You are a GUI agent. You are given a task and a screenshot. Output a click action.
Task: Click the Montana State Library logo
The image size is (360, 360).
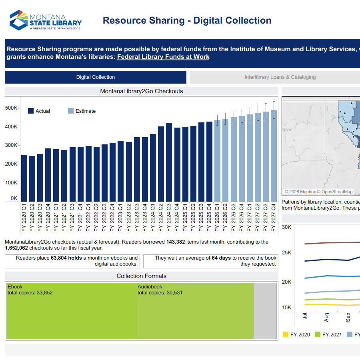pos(45,20)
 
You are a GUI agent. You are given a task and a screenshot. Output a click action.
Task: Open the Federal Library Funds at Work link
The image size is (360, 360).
pos(163,57)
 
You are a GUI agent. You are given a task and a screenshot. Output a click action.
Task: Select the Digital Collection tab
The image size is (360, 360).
pos(96,77)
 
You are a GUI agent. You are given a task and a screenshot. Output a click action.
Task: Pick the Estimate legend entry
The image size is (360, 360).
pos(82,111)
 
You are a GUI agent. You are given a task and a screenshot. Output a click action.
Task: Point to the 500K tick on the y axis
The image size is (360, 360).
pos(11,108)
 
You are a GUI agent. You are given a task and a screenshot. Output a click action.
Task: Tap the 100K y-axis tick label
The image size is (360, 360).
pos(11,183)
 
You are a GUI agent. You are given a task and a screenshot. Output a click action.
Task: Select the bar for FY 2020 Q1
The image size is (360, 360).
pos(24,178)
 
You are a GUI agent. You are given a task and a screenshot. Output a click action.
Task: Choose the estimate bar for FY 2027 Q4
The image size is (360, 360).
pos(274,156)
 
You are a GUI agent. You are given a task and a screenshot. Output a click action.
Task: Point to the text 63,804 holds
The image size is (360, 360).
pos(66,258)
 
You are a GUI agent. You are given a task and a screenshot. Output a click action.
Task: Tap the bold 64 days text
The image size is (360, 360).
pos(221,258)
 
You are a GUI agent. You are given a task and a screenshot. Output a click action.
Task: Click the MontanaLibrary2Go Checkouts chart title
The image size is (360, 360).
pos(141,91)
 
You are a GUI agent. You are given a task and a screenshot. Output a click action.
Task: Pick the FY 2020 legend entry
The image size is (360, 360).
pos(296,334)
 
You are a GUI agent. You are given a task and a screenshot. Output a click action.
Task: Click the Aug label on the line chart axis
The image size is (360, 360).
pos(326,318)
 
